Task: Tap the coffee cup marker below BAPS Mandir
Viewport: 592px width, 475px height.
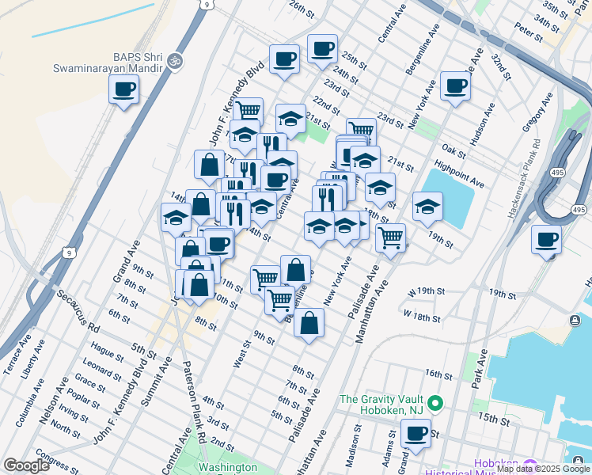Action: point(123,89)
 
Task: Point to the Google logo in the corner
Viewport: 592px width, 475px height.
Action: point(25,465)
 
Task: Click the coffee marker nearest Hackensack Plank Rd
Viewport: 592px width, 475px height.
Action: point(545,239)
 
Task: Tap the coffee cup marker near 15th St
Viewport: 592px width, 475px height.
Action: point(416,433)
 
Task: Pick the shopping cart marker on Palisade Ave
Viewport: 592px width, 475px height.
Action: point(390,236)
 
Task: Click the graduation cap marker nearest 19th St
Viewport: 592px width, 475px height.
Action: point(427,206)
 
